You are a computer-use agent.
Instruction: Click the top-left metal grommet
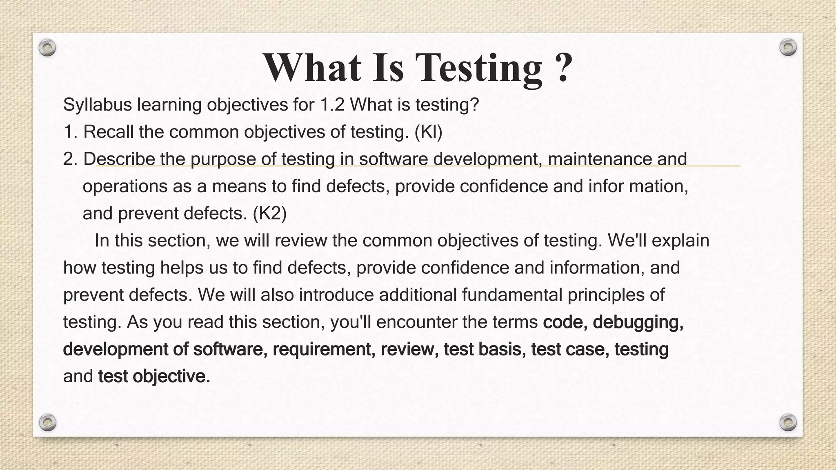pos(47,48)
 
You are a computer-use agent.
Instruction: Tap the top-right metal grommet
pos(788,47)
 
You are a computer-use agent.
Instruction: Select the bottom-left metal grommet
pos(48,422)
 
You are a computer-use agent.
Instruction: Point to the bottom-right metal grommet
pos(788,422)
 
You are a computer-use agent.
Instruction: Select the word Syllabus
pos(98,105)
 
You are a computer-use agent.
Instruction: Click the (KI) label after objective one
pos(428,132)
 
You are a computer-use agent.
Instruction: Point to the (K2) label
pos(270,213)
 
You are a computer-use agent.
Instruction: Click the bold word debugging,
pos(638,322)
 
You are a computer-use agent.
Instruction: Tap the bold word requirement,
pos(324,349)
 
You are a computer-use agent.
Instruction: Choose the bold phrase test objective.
pos(154,377)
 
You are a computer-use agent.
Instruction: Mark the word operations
pos(125,186)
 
